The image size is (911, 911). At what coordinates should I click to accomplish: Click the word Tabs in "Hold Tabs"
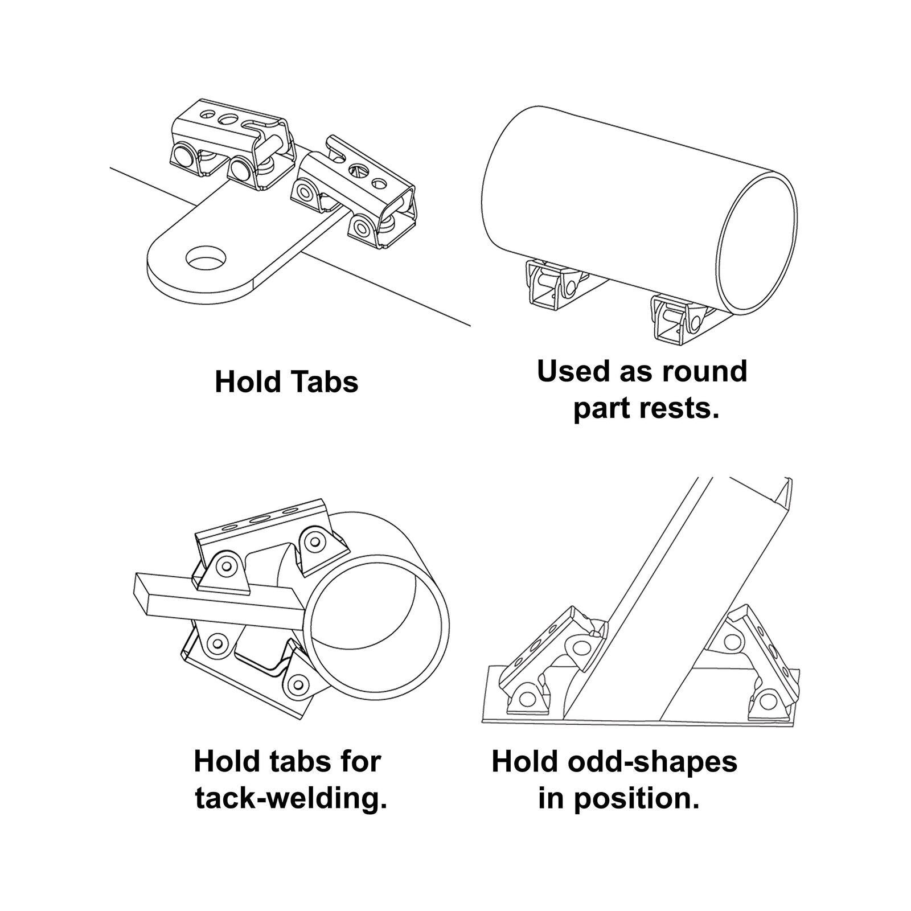tap(323, 381)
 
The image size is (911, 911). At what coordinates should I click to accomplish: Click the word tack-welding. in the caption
tap(291, 798)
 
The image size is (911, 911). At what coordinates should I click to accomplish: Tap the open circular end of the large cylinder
tap(756, 245)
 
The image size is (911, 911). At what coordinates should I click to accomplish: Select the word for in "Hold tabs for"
tap(357, 761)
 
